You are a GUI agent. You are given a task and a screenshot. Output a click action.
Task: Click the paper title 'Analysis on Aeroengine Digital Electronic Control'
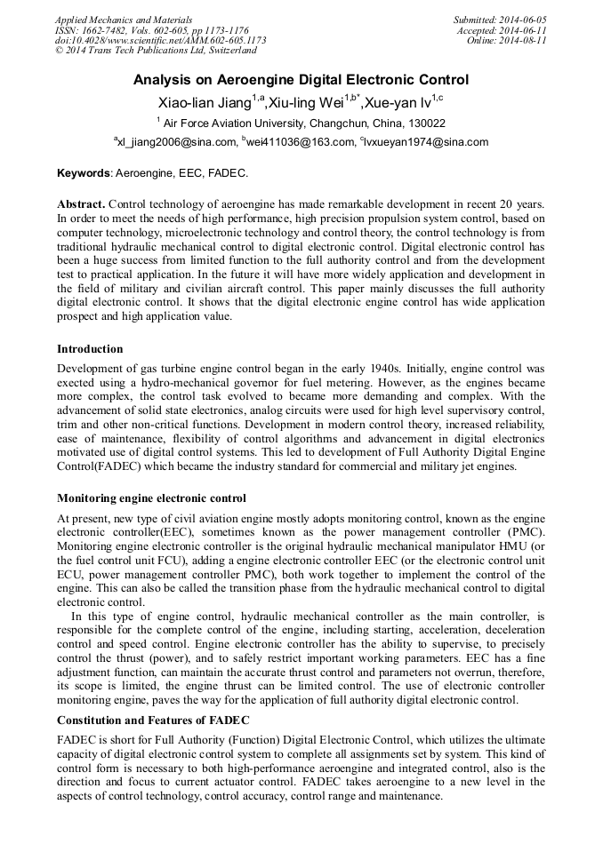pos(301,80)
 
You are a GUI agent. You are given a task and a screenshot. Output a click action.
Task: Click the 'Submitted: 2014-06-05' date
pos(500,20)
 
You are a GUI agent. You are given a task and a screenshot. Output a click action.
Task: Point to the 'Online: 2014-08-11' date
pos(506,41)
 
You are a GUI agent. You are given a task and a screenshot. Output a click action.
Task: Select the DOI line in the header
pos(160,41)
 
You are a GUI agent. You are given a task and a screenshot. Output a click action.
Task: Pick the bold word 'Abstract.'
pos(81,203)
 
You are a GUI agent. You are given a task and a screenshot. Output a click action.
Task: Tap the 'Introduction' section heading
pos(90,349)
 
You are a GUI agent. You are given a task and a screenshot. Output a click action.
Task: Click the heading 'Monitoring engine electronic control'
pos(151,498)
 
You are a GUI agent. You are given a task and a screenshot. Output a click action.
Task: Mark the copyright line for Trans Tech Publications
pos(156,51)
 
